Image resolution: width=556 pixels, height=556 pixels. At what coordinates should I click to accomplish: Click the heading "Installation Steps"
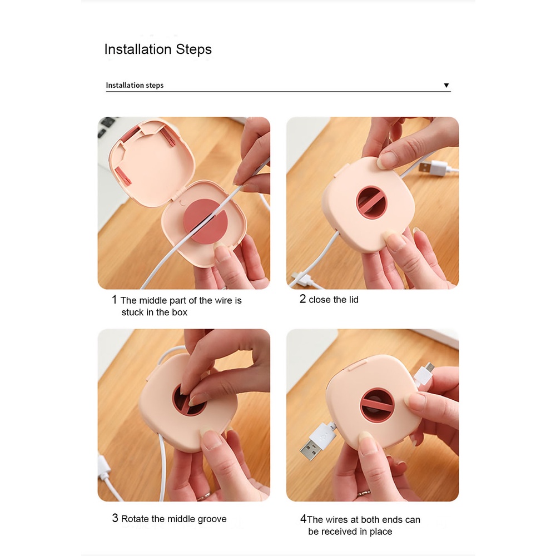click(x=158, y=49)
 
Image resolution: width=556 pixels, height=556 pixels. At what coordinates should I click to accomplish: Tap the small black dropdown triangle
click(x=446, y=85)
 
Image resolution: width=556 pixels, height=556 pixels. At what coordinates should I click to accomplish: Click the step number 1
click(x=114, y=300)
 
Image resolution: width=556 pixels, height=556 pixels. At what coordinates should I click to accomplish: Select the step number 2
click(x=302, y=299)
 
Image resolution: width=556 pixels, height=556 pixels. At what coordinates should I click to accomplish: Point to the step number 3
click(x=115, y=518)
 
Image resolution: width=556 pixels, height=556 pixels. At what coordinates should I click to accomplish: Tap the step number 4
click(x=304, y=519)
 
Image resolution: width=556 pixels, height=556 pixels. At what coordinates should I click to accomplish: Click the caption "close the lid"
click(x=334, y=300)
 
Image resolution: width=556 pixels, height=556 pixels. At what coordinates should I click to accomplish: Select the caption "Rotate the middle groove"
click(x=173, y=519)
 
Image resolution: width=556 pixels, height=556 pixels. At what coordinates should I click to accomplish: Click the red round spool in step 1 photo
click(x=205, y=221)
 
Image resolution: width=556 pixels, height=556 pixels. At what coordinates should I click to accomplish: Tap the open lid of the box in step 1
click(x=151, y=163)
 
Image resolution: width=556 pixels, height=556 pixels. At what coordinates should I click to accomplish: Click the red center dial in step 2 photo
click(x=371, y=203)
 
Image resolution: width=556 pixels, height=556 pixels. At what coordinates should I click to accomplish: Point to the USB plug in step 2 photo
click(x=433, y=168)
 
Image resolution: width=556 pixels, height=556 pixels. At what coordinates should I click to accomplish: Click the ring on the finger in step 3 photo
click(x=203, y=495)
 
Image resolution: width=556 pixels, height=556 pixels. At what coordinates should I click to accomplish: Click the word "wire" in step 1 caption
click(x=224, y=301)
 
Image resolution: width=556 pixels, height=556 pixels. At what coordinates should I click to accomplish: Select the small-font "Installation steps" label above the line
click(x=135, y=85)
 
